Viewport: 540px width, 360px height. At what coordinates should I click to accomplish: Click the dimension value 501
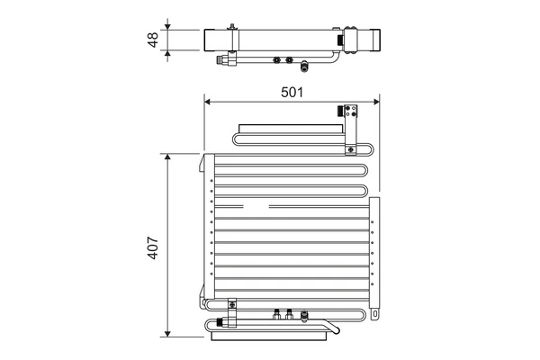(x=292, y=91)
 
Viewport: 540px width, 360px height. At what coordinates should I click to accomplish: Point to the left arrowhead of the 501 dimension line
(x=208, y=100)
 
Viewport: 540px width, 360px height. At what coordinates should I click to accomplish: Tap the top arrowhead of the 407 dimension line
(x=167, y=156)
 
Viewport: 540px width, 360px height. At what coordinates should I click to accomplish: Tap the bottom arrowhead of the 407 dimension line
(x=167, y=333)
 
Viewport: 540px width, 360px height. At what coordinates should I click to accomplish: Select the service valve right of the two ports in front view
(x=305, y=315)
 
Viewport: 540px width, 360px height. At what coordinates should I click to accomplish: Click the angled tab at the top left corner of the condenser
(x=206, y=161)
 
